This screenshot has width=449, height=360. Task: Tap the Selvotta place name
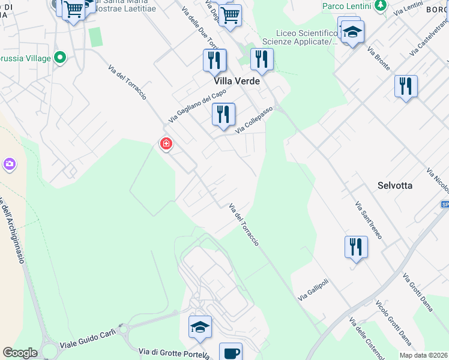click(395, 185)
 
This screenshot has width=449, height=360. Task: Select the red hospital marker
click(166, 144)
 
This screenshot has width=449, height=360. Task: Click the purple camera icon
click(9, 163)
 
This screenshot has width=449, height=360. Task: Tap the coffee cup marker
click(231, 352)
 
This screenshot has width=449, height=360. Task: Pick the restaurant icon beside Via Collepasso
click(223, 115)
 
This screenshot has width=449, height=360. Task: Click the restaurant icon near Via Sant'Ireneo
click(356, 247)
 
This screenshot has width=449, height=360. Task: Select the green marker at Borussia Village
click(59, 58)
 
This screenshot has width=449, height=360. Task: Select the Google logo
click(20, 353)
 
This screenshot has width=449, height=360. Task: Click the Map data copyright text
click(423, 355)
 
